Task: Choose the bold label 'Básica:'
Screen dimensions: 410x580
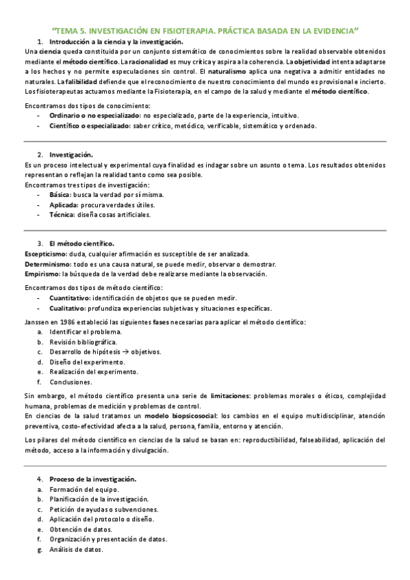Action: click(x=60, y=195)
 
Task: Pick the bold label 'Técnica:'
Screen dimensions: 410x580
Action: click(x=62, y=214)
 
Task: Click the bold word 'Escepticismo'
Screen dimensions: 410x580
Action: click(x=47, y=254)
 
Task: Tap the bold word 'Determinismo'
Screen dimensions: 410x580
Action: click(x=47, y=264)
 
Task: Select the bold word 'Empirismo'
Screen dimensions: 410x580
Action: click(x=42, y=274)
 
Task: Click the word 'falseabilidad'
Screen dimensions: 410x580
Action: click(x=278, y=440)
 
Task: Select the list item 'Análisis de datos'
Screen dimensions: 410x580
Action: click(x=76, y=549)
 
